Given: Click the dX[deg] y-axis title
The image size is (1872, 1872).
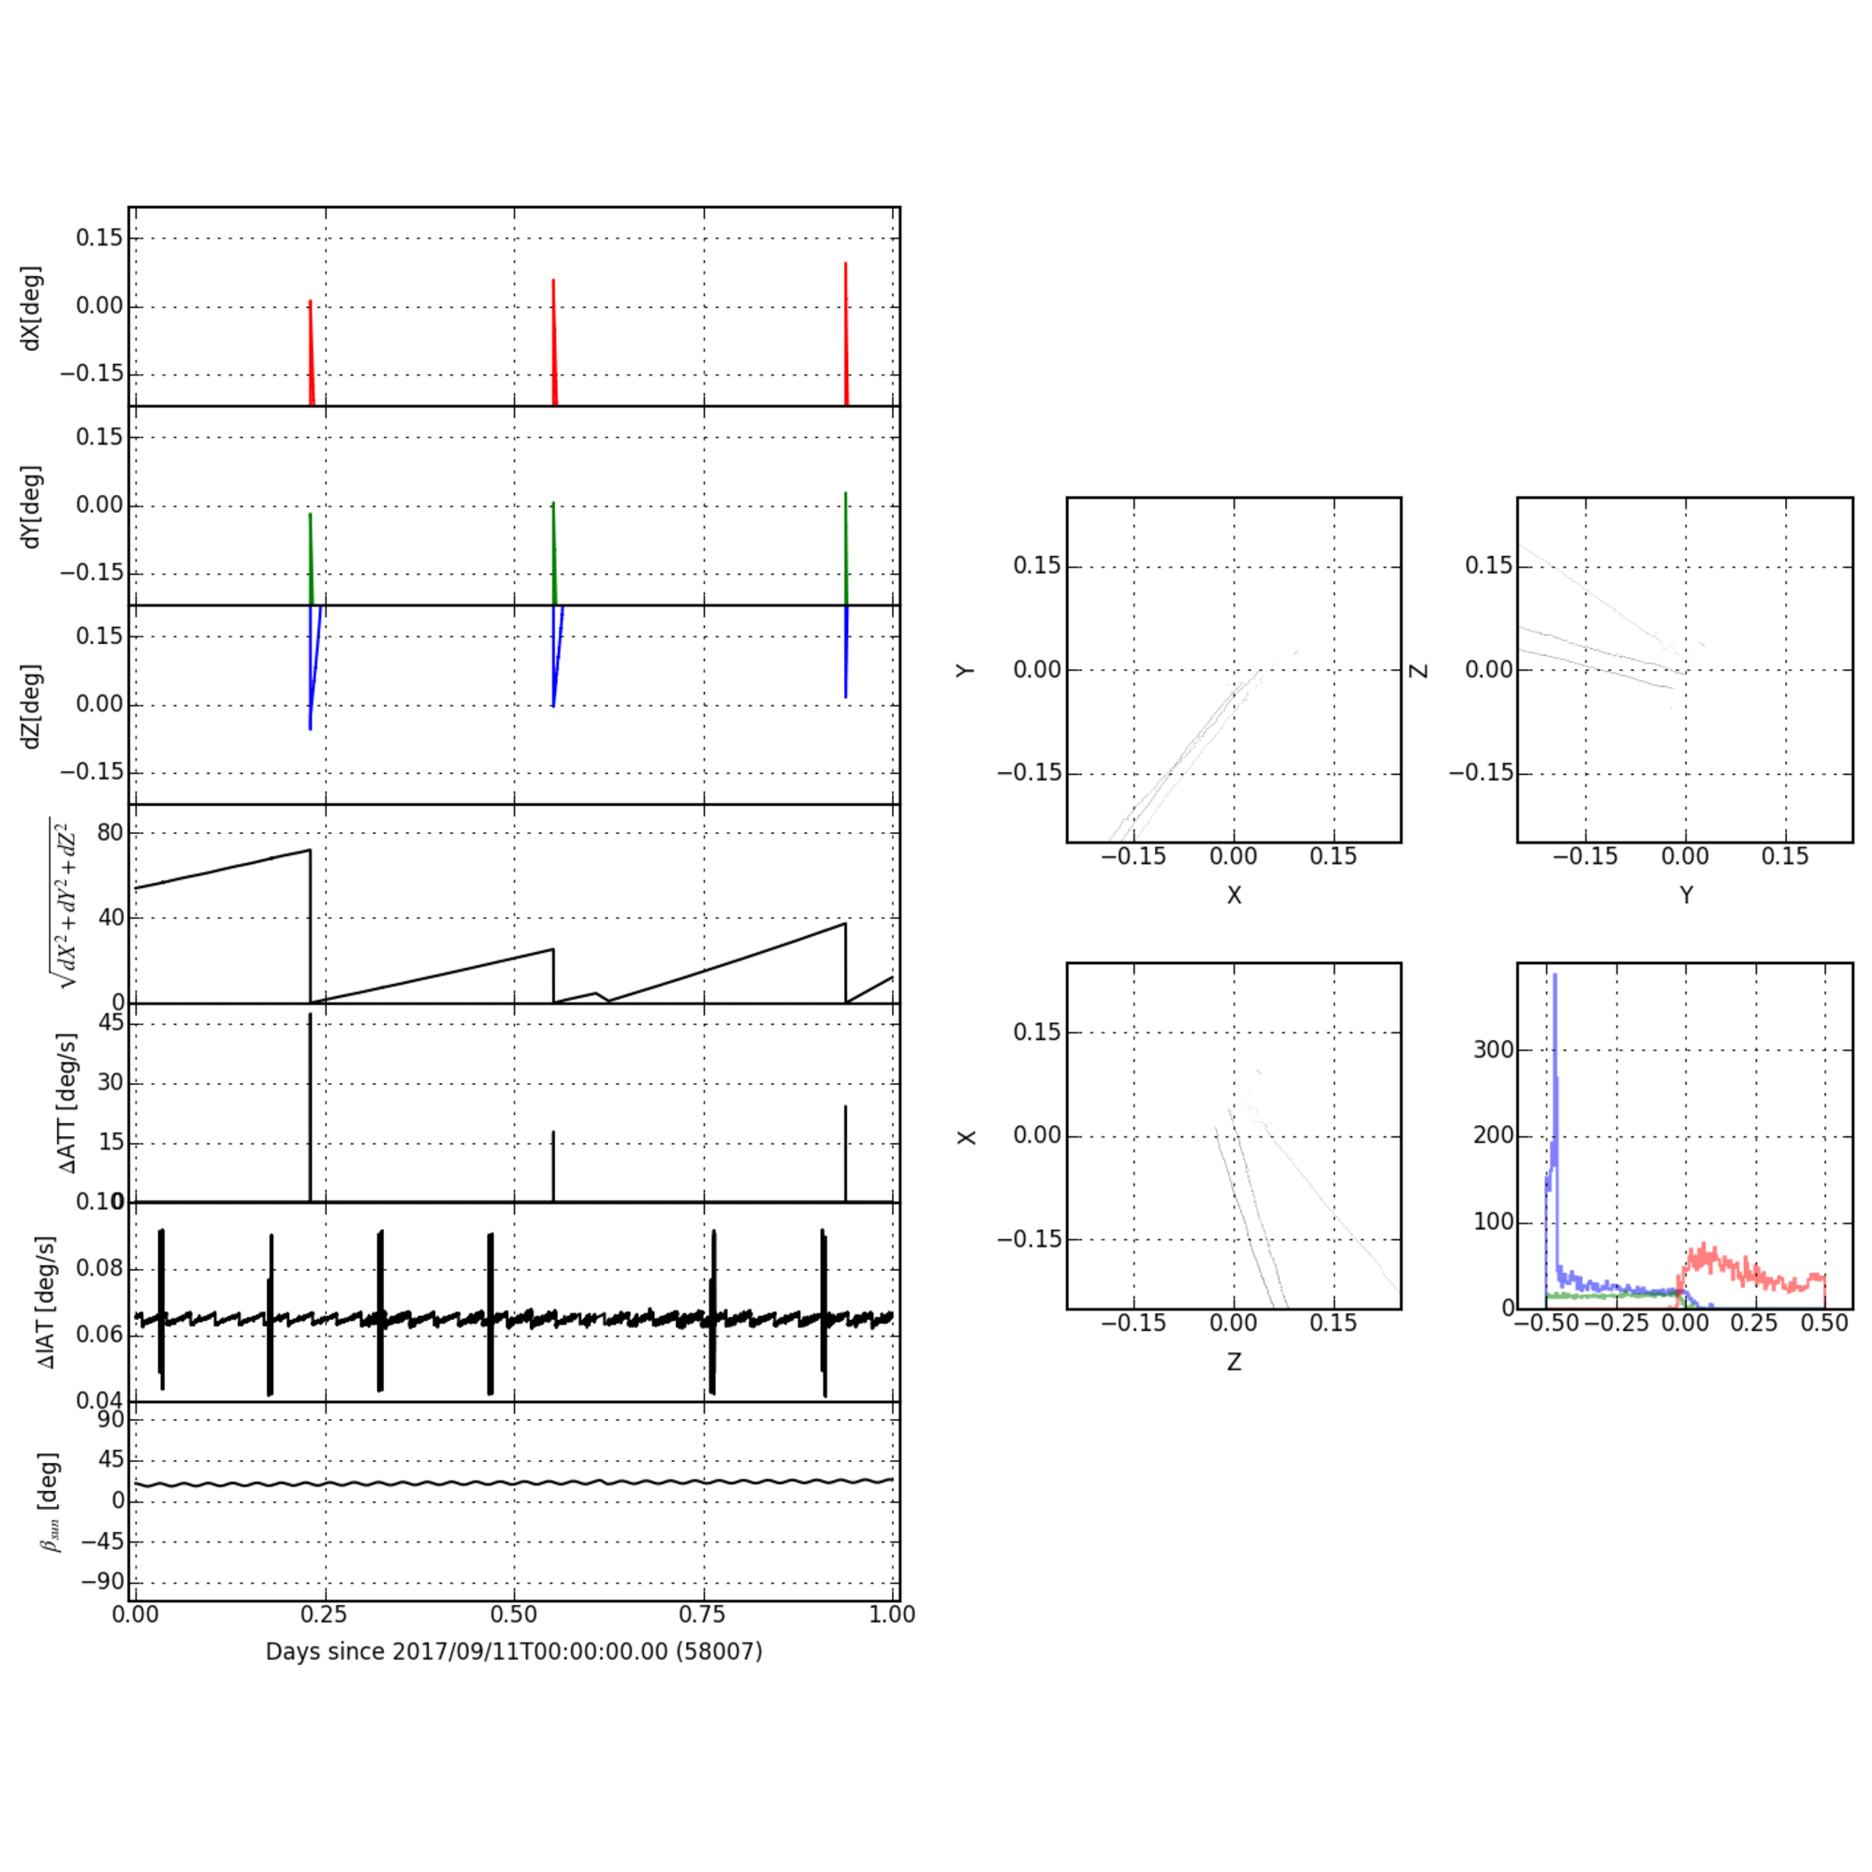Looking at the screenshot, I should coord(32,307).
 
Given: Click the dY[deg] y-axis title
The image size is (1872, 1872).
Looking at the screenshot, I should coord(32,505).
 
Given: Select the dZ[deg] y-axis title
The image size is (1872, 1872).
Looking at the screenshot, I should coord(32,706).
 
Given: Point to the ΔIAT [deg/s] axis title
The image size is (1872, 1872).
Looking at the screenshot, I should coord(48,1302).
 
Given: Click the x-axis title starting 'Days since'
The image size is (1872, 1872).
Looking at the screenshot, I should coord(514,1651).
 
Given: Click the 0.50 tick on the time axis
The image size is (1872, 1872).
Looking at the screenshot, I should coord(514,1615).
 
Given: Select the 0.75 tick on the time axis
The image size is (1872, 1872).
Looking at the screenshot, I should coord(703,1615).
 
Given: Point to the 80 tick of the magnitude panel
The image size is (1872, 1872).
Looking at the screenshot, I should coord(110,832).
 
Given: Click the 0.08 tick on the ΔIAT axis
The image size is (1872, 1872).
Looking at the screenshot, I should coord(98,1268).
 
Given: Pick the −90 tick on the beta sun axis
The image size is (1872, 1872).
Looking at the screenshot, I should coord(103,1581).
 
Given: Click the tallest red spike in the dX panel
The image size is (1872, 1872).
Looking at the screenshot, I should coord(845,265).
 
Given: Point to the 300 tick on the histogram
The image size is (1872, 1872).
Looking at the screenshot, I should coord(1493,1050).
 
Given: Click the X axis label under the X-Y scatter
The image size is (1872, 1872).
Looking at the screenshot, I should coord(1234,896).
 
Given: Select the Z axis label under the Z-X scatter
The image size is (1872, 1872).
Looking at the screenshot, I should coord(1234,1362).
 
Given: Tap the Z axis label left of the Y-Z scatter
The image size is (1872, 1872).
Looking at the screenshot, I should coord(1420,669).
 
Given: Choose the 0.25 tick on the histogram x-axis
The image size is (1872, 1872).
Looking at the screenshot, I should coord(1754,1324).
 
